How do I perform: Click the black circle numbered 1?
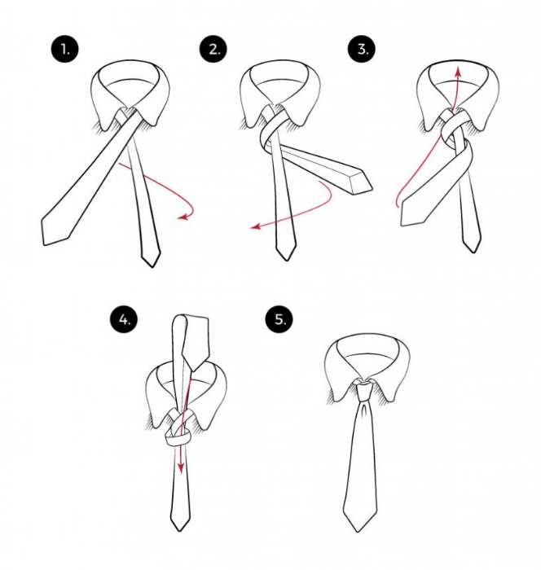(x=64, y=49)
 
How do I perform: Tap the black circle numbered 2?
(x=213, y=49)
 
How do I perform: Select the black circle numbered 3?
(x=362, y=49)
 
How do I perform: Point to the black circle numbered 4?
(x=124, y=320)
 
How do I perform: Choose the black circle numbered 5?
(x=279, y=319)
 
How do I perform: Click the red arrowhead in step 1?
(x=183, y=217)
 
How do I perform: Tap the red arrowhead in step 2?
(x=256, y=226)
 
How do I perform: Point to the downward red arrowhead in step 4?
(x=180, y=469)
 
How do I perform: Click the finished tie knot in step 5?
(x=364, y=391)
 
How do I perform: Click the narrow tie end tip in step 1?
(x=152, y=267)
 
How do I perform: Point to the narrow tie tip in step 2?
(x=286, y=260)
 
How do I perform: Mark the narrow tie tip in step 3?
(x=473, y=252)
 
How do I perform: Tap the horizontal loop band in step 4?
(x=177, y=439)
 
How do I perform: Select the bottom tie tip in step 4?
(x=180, y=530)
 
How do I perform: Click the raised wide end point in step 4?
(x=193, y=371)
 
